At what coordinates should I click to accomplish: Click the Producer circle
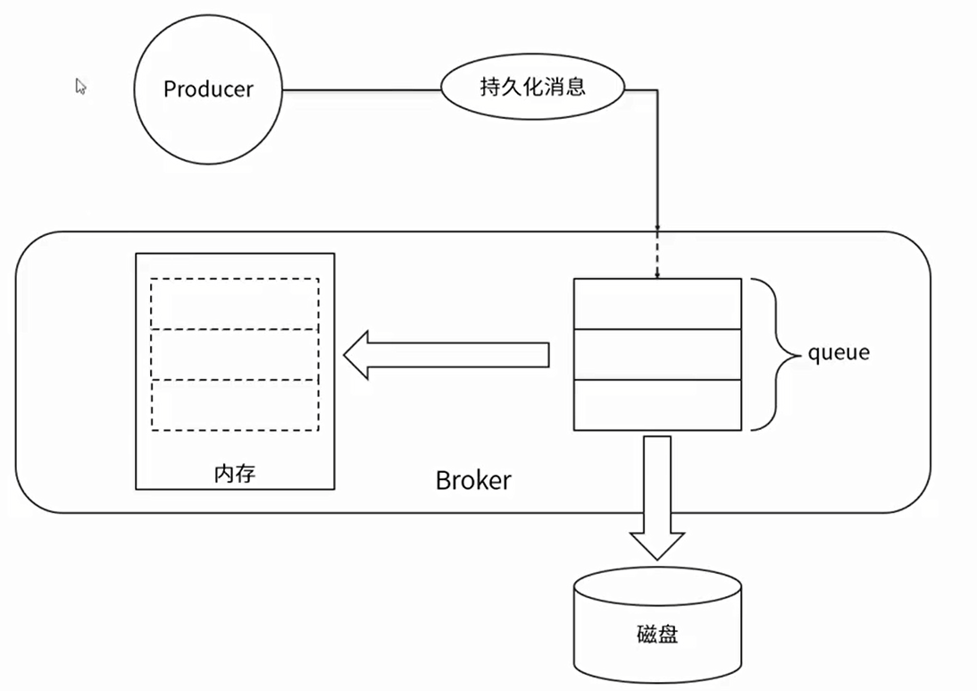coord(207,89)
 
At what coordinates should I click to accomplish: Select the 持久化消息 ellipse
coord(532,88)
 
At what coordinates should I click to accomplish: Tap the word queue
coord(838,352)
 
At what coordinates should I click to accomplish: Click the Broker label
coord(473,480)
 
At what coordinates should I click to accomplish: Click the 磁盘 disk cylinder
coord(657,626)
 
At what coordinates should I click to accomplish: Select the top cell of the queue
coord(656,304)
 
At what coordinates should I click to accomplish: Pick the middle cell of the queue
coord(656,354)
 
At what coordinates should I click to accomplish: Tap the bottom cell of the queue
coord(656,405)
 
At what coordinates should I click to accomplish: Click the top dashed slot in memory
coord(234,304)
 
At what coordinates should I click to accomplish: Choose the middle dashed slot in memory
coord(234,355)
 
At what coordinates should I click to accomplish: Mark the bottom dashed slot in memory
coord(234,405)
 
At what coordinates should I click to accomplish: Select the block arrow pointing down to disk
coord(657,496)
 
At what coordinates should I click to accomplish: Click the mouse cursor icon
coord(80,86)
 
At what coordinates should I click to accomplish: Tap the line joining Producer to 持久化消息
coord(362,89)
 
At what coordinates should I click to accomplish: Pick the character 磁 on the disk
coord(647,635)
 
